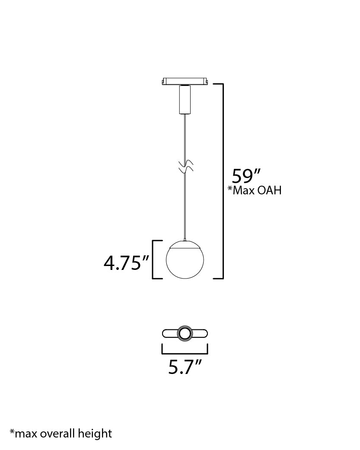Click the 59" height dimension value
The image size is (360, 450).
pyautogui.click(x=246, y=176)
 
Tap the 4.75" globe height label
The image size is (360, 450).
pyautogui.click(x=127, y=263)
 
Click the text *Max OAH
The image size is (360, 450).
pyautogui.click(x=255, y=190)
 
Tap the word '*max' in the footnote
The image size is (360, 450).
pyautogui.click(x=24, y=434)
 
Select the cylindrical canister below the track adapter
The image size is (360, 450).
pyautogui.click(x=185, y=100)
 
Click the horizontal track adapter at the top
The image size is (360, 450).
pyautogui.click(x=185, y=81)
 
